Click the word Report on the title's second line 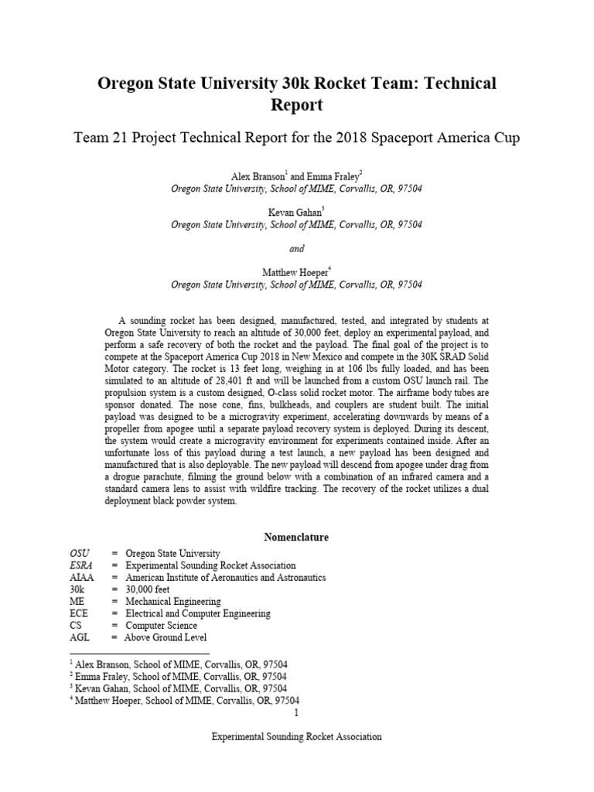click(296, 104)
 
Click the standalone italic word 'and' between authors click(296, 248)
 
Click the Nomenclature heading click(296, 536)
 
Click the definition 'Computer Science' click(161, 626)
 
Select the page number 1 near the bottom click(297, 712)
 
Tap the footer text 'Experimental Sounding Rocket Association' click(296, 737)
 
